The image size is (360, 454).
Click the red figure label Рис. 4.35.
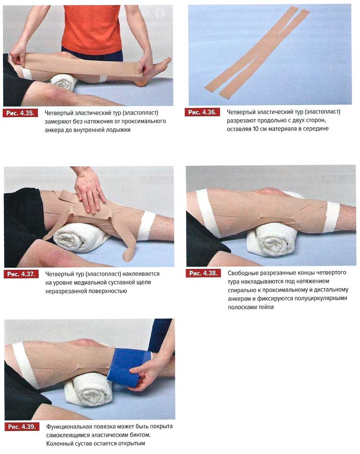point(20,113)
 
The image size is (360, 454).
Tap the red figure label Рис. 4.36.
point(202,112)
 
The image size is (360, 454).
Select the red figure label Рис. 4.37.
point(21,274)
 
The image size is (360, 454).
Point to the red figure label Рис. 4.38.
point(203,273)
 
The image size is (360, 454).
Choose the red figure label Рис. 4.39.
point(22,426)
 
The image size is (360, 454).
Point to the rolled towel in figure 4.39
point(89,389)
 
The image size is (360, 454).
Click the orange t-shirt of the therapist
point(92,29)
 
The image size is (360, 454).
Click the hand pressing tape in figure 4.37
point(89,191)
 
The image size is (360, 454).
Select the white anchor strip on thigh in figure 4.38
point(206,211)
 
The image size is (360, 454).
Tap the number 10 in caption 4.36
point(256,129)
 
